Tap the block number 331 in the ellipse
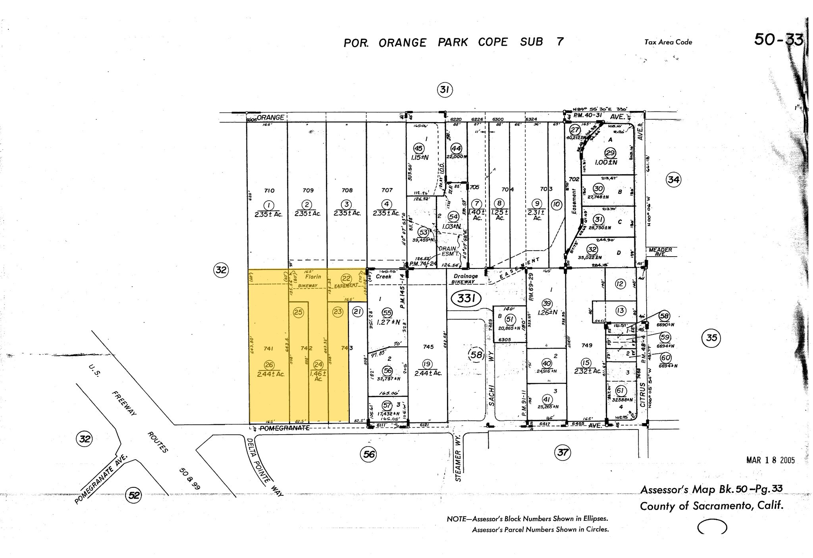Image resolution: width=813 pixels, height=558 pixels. click(x=466, y=298)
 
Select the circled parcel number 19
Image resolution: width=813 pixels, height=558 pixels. click(x=427, y=364)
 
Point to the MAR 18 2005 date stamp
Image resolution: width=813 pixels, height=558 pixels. click(x=771, y=460)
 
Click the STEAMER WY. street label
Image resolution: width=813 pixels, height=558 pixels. click(x=458, y=465)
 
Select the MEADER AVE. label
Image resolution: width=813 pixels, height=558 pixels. click(x=661, y=252)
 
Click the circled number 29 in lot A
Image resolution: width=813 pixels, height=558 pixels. click(x=610, y=153)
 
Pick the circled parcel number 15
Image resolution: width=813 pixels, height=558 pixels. click(x=586, y=362)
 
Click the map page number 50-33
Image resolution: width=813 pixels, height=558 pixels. click(x=778, y=40)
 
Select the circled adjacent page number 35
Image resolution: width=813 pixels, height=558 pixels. click(x=711, y=337)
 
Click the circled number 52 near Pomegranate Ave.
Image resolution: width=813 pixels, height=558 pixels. click(x=134, y=495)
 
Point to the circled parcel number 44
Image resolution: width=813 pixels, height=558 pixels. click(x=457, y=148)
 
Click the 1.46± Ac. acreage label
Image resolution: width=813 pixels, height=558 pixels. click(x=318, y=376)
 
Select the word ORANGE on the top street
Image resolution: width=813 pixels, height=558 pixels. click(x=270, y=117)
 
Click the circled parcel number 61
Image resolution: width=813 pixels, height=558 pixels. click(x=620, y=391)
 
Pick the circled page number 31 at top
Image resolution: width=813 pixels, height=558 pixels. click(x=444, y=90)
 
